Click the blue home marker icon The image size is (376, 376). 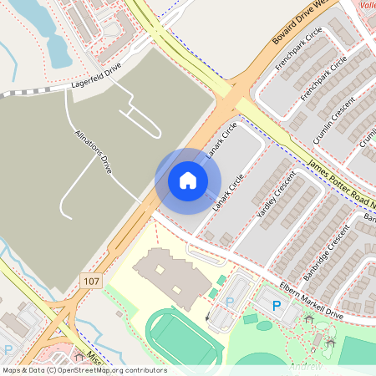click(x=188, y=180)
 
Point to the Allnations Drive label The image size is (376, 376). click(x=93, y=150)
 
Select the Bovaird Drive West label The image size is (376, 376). click(x=306, y=23)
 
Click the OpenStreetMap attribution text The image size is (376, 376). click(x=84, y=370)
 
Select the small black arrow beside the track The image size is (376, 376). click(x=207, y=317)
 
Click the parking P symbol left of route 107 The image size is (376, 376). click(x=9, y=350)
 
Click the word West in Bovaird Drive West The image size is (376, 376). click(x=332, y=7)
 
